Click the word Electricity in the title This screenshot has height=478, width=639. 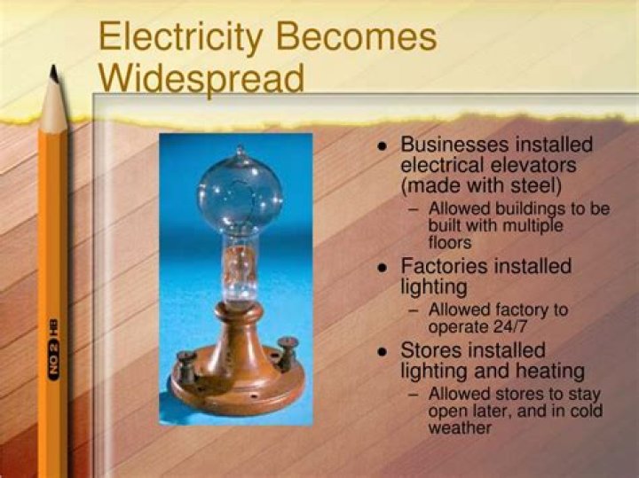point(180,37)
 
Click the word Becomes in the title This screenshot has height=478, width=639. point(358,37)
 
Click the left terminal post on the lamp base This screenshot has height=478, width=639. point(187,364)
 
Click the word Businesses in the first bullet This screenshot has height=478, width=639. point(451,145)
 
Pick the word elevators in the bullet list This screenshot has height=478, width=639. point(540,165)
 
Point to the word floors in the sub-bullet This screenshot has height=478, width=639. point(450,241)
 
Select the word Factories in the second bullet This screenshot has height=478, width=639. point(443,266)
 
